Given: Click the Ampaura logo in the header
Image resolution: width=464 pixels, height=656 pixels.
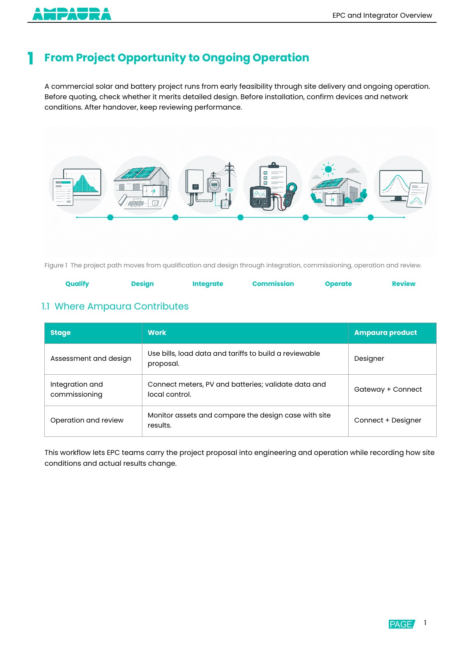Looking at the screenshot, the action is (x=72, y=14).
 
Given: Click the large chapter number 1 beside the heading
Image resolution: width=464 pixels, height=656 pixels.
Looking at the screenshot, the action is (x=30, y=58).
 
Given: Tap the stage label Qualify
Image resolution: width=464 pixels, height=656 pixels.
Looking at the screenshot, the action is (x=77, y=284).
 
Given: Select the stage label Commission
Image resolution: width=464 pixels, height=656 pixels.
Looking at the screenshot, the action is (x=273, y=284).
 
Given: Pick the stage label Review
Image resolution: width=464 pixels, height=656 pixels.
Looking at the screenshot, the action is (x=403, y=284).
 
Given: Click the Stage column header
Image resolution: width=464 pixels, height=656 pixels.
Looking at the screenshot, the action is (x=60, y=332).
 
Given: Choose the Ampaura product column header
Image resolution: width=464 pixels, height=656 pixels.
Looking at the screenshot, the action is (x=385, y=332).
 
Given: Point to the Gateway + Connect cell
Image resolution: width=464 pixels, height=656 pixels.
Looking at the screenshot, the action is (x=388, y=389).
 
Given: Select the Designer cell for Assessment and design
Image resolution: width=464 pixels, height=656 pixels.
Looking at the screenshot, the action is (x=369, y=358).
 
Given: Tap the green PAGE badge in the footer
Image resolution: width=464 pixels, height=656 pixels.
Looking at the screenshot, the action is (x=402, y=624).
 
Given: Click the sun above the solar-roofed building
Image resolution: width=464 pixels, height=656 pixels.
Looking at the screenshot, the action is (x=328, y=169).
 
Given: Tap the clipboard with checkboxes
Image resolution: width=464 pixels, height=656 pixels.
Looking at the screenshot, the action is (x=273, y=179).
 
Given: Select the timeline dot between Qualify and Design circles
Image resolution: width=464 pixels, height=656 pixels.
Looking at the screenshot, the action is (x=110, y=217).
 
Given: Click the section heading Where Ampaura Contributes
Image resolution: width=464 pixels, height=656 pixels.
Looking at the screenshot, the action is (x=121, y=306).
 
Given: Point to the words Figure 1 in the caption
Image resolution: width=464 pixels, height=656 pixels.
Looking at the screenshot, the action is (x=56, y=265).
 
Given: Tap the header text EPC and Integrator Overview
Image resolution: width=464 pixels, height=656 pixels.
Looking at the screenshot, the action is (x=382, y=15).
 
